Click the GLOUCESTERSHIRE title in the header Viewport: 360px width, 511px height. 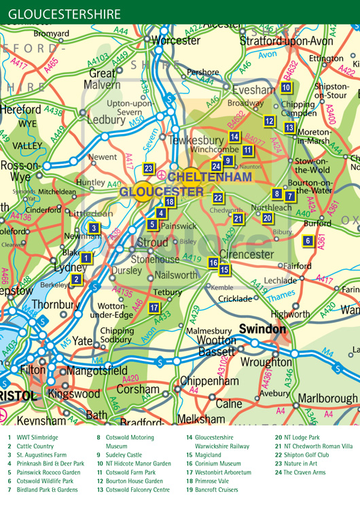point(65,14)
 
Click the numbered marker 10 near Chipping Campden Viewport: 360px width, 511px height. point(286,87)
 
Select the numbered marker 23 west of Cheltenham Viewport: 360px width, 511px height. point(149,169)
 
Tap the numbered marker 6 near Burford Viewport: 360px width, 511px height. point(308,241)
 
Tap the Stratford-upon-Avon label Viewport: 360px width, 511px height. point(287,41)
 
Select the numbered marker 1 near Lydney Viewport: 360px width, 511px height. point(86,257)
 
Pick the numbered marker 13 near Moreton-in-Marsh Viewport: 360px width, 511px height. point(289,128)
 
